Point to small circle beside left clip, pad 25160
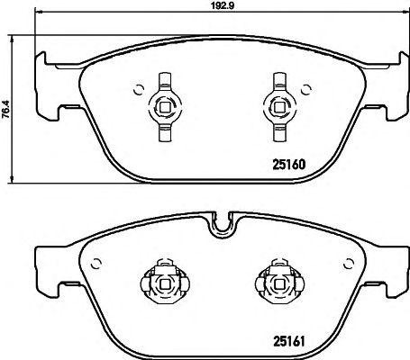138,88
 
